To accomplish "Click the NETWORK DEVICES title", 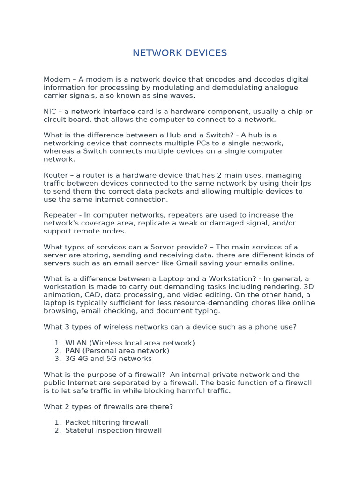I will tap(180, 53).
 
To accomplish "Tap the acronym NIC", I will tap(50, 112).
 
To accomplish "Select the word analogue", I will tap(282, 88).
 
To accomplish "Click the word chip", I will tap(295, 112).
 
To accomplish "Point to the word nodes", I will tap(115, 231).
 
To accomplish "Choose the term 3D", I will tap(309, 287).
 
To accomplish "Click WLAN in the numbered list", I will tap(76, 343).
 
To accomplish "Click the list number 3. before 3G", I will tap(58, 359).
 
